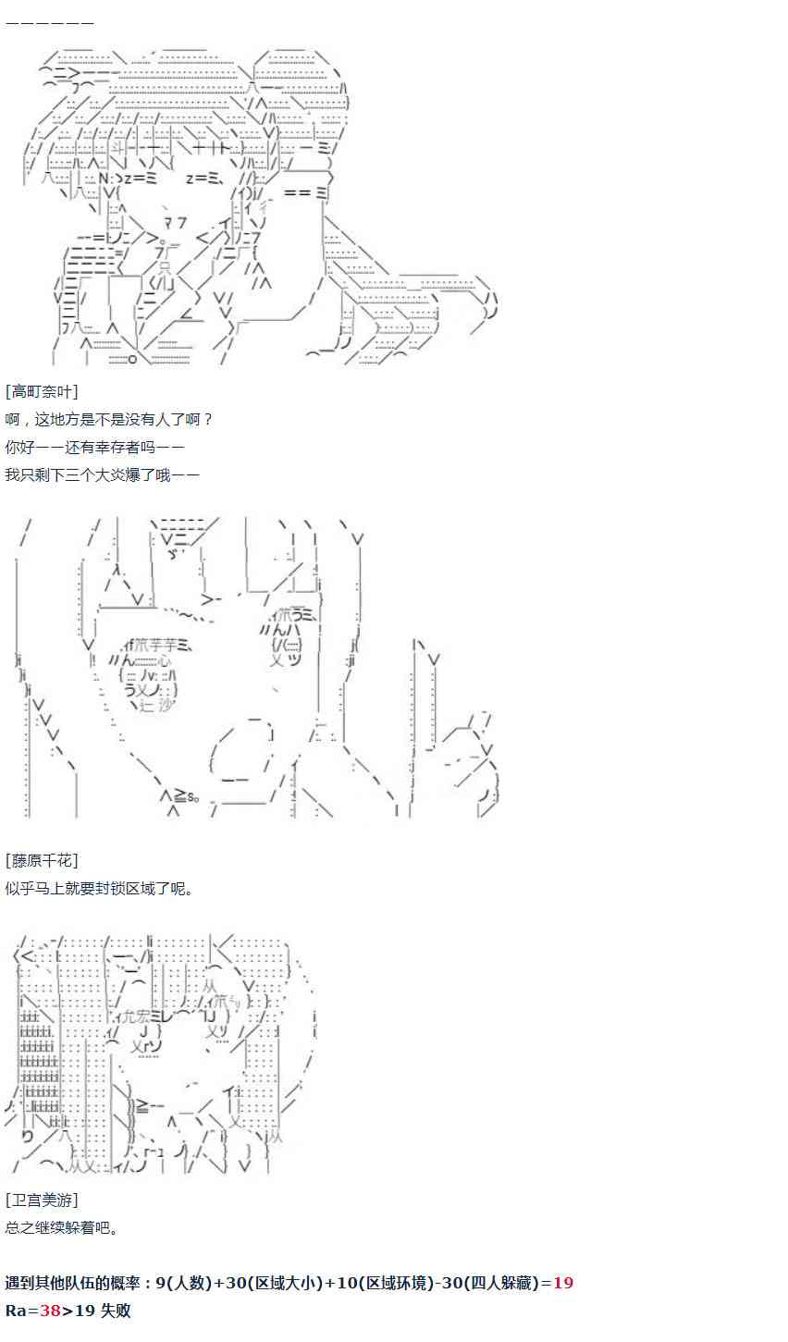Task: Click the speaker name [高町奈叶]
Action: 42,391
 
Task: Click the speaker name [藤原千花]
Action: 42,860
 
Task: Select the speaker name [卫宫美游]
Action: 42,1200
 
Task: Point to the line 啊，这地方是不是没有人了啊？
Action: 109,419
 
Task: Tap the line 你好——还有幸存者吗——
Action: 95,447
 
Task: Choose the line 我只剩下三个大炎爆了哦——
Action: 102,474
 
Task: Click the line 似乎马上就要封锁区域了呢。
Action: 100,888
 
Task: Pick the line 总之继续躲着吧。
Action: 62,1227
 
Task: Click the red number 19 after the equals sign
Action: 563,1283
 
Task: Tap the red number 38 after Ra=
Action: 50,1311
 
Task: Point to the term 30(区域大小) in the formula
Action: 269,1283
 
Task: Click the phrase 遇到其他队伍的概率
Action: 73,1283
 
